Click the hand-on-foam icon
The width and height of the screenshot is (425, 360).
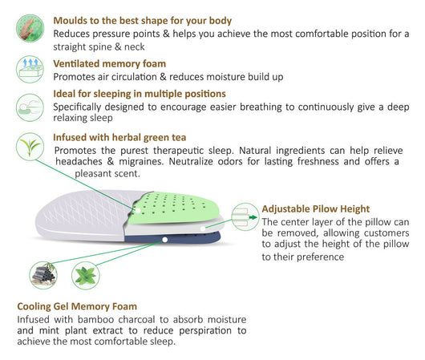pos(30,28)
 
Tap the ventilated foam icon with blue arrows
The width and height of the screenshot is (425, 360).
pos(30,69)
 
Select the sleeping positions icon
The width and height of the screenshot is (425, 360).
pos(30,107)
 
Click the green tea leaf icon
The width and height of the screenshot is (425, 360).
pos(30,147)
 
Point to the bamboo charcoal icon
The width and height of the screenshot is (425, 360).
pos(43,275)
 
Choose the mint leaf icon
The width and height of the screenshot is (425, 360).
pos(86,276)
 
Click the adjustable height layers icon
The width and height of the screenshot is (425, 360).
pos(245,216)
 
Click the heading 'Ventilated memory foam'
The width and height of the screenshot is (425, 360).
pos(110,63)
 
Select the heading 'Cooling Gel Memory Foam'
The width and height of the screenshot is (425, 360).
pos(77,306)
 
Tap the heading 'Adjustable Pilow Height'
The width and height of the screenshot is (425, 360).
pos(316,209)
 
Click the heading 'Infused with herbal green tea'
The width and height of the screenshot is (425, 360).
pos(119,137)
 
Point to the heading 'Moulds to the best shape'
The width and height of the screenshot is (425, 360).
pos(142,21)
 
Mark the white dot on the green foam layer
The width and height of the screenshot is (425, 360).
pos(138,210)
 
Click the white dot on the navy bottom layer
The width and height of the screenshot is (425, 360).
pos(165,240)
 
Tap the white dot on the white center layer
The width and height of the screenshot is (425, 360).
pos(203,229)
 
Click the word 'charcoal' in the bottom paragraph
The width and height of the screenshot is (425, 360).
pos(136,320)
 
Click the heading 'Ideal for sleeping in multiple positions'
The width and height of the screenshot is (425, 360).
pos(140,94)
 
